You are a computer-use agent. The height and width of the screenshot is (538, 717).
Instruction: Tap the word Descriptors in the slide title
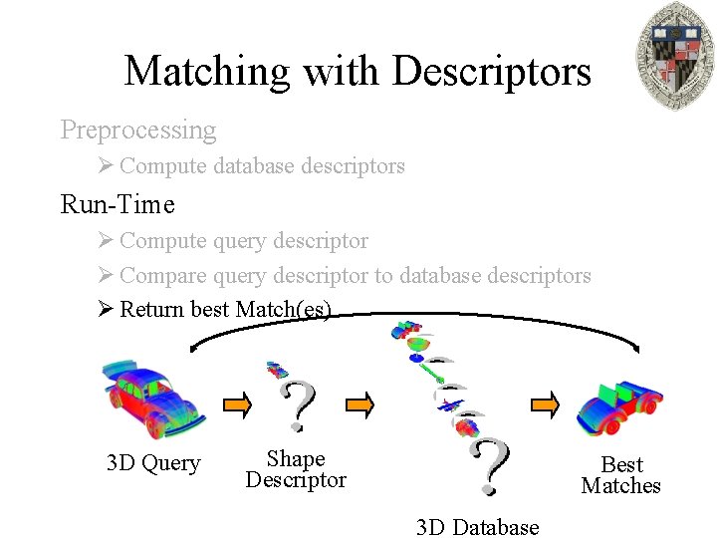click(x=492, y=71)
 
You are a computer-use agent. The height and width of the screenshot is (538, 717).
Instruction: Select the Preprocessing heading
click(x=138, y=130)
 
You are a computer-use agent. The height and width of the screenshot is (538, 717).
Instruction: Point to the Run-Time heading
click(x=118, y=204)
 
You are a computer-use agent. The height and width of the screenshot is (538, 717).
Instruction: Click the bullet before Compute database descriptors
click(x=108, y=166)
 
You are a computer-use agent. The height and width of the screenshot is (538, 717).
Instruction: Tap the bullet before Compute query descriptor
click(x=108, y=241)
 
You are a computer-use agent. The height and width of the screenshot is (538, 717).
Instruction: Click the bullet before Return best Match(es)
click(x=108, y=309)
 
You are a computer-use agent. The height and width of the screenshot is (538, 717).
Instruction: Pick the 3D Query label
click(x=153, y=463)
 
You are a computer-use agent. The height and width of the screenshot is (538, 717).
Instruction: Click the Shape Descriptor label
click(x=296, y=469)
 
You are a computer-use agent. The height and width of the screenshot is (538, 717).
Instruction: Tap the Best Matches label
click(x=621, y=475)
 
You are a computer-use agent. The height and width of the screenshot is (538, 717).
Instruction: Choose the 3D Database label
click(x=478, y=527)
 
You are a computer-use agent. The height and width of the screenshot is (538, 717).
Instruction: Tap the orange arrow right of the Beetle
click(x=237, y=404)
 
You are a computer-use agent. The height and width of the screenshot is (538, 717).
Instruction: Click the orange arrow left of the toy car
click(x=545, y=404)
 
